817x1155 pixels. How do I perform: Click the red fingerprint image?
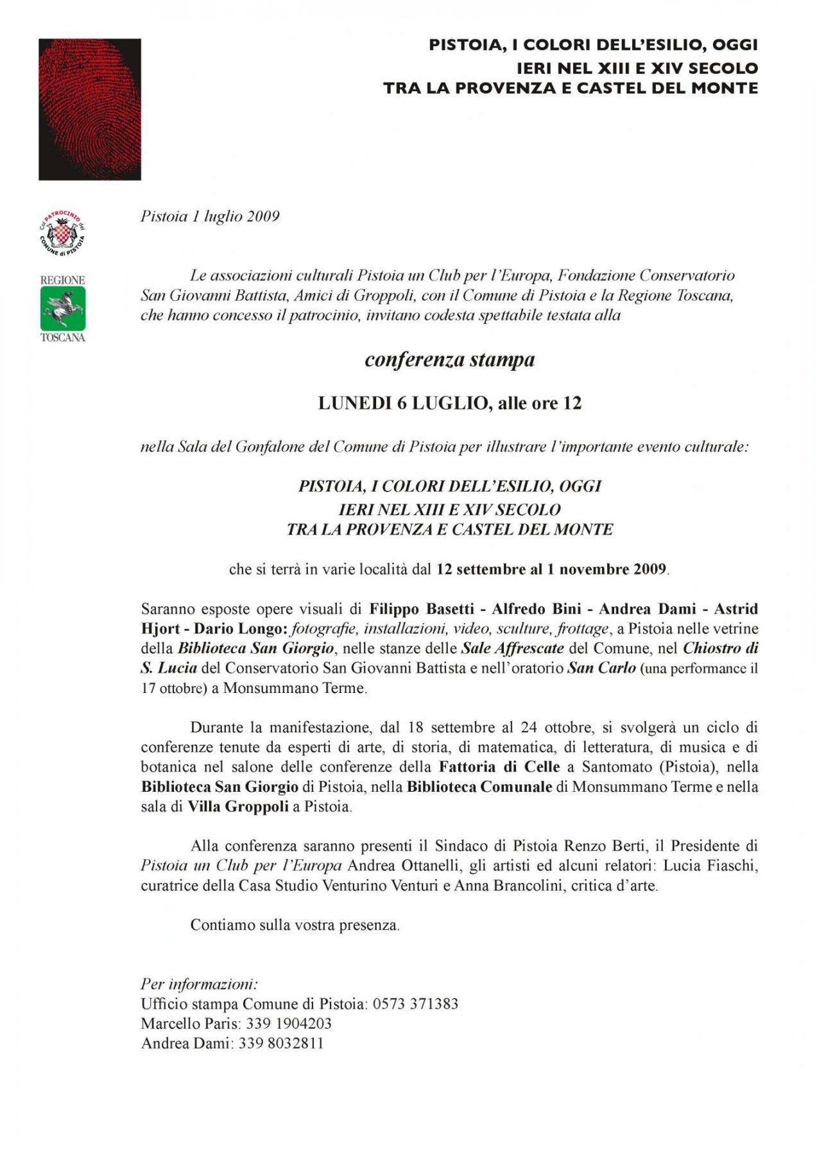coord(89,109)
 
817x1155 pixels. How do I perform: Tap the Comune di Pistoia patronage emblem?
coord(62,234)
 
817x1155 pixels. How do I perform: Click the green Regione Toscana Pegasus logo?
coord(63,308)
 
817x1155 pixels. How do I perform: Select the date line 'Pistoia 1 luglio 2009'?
coord(210,216)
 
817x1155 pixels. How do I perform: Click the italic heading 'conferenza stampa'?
coord(449,359)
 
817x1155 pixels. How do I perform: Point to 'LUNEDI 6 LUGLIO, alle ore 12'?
coord(449,403)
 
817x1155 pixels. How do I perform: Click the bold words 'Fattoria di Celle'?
coord(499,767)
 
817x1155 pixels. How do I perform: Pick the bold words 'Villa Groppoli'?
coord(237,807)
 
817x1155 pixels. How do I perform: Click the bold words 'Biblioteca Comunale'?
coord(479,787)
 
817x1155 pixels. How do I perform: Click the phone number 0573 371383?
coord(416,1004)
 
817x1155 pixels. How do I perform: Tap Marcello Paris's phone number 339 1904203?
coord(289,1023)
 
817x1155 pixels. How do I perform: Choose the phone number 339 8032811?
coord(281,1043)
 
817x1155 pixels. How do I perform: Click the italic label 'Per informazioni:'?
coord(199,984)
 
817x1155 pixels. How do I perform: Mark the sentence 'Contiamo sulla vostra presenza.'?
coord(295,925)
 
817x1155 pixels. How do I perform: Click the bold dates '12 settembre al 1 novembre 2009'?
coord(551,569)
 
